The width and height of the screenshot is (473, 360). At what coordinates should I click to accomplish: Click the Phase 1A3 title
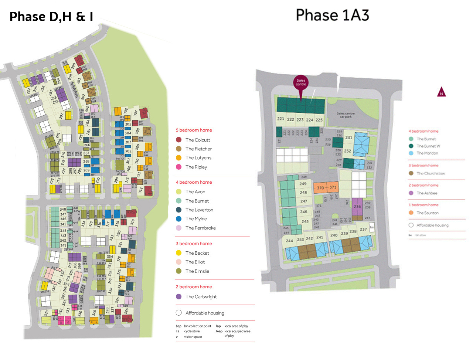click(x=332, y=15)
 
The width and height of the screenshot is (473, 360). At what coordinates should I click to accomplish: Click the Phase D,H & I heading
click(x=51, y=17)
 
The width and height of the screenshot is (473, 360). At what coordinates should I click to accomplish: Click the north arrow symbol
click(x=441, y=92)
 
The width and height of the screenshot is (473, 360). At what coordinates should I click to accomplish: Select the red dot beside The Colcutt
click(x=179, y=140)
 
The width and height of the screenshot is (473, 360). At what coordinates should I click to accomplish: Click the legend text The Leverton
click(x=199, y=210)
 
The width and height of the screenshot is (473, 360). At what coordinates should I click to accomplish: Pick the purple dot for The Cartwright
click(x=179, y=296)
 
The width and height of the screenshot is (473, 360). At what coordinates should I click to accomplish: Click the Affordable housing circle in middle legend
click(x=179, y=313)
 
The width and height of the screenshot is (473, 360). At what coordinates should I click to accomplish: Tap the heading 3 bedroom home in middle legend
click(x=194, y=244)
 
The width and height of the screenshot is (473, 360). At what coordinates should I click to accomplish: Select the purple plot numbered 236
click(x=357, y=207)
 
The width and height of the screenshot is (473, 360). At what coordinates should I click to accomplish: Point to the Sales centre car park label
click(x=346, y=115)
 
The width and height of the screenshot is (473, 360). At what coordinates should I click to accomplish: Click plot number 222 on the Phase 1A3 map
click(x=290, y=119)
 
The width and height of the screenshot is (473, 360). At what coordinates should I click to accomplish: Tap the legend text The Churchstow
click(x=431, y=173)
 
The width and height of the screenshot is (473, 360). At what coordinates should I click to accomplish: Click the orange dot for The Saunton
click(x=411, y=213)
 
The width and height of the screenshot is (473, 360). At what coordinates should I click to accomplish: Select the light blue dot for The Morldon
click(x=411, y=153)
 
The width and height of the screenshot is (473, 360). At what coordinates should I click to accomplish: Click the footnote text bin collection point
click(x=197, y=326)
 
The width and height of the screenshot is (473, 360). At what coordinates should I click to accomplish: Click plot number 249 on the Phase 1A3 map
click(x=303, y=184)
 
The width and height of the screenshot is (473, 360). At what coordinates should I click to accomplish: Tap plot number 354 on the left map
click(x=110, y=257)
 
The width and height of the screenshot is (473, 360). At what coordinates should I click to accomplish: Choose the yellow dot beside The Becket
click(x=179, y=253)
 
